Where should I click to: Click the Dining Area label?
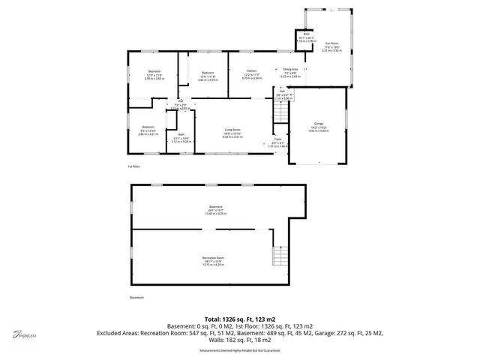coord(290,69)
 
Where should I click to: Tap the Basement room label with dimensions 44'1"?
coord(216,207)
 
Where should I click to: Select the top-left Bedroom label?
coord(154,71)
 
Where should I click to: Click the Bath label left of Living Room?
coord(181,134)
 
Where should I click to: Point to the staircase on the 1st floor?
coord(280,112)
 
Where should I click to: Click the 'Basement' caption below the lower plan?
coord(136,298)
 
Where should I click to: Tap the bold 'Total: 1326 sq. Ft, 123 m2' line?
coord(240,319)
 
